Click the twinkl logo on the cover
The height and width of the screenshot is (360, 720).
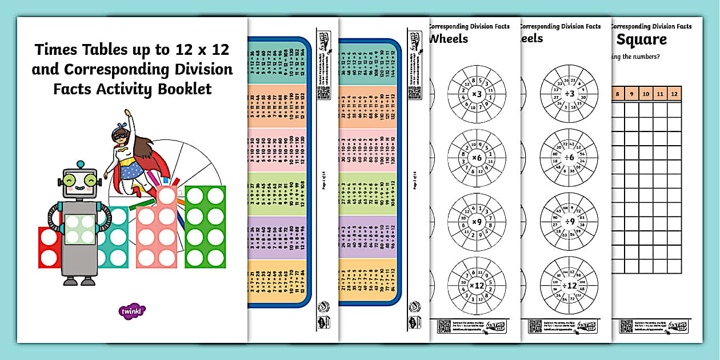[133, 311]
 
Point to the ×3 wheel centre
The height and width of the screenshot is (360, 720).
[476, 94]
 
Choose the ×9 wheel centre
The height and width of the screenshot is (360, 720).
[476, 221]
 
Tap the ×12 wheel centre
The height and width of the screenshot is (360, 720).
[476, 285]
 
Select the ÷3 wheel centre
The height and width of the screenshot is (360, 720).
[569, 94]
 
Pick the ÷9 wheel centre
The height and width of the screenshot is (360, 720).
[569, 221]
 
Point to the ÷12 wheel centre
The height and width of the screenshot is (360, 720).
[569, 285]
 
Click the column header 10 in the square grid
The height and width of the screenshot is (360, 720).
[646, 94]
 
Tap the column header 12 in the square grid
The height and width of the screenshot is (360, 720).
[674, 94]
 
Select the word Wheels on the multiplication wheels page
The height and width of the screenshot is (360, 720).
[449, 39]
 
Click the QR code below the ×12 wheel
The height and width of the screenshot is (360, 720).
[444, 326]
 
